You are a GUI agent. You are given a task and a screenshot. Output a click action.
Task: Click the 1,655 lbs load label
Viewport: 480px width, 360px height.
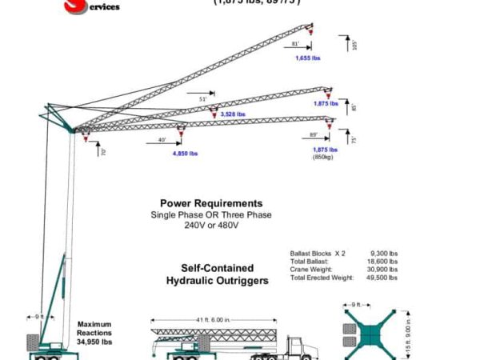(307, 58)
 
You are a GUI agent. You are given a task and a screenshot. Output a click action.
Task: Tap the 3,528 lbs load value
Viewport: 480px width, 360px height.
(232, 114)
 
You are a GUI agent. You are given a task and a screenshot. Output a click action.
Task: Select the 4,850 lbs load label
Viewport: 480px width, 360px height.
(185, 153)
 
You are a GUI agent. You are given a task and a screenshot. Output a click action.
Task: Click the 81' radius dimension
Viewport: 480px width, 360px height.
(295, 43)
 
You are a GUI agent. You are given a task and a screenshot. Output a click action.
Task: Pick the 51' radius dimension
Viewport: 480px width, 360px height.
(202, 99)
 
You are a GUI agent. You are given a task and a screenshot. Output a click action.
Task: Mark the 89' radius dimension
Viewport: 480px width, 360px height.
(314, 134)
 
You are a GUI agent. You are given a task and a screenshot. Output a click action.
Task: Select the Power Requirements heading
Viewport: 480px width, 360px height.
(211, 204)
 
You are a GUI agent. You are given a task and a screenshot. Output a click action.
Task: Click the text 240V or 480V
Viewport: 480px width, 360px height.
(211, 226)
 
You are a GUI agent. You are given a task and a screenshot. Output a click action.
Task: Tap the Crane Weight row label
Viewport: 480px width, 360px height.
(310, 270)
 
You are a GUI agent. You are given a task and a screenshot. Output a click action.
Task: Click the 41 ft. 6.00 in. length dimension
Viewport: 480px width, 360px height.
(212, 320)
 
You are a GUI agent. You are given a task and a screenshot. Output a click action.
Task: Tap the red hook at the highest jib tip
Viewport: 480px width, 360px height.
(311, 34)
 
